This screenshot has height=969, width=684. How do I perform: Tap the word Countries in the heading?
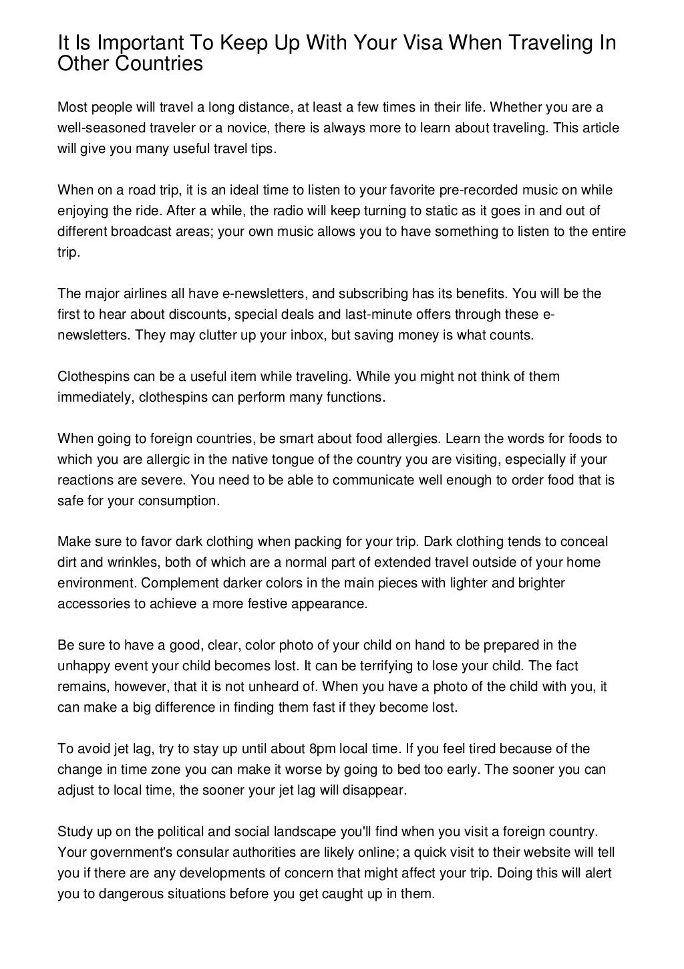(x=160, y=64)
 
